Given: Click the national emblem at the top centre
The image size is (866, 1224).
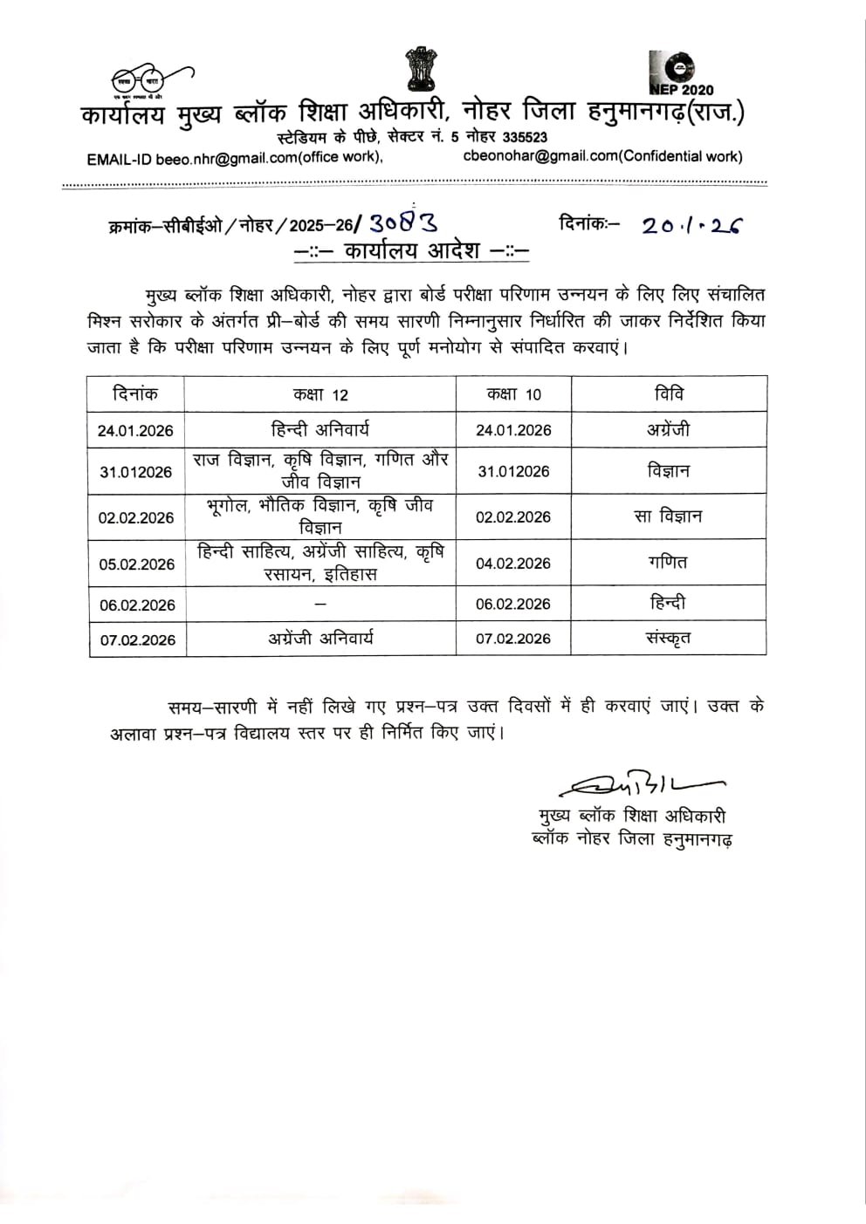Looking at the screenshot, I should point(420,69).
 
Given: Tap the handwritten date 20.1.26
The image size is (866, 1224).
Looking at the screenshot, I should point(691,226).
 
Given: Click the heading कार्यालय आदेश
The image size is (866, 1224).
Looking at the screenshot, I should point(412,250).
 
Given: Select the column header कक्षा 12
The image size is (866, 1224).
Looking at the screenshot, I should point(320,394).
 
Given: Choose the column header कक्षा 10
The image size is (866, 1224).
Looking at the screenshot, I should point(513,394).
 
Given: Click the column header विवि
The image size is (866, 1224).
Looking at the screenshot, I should point(669,394).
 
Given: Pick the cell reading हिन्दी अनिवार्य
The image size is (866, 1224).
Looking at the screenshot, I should point(320,429).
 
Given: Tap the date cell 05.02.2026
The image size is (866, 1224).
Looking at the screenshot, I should point(136,564).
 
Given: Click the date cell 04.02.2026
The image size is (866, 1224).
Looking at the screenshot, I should point(513,563).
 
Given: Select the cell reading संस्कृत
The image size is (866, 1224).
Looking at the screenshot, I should point(669,638).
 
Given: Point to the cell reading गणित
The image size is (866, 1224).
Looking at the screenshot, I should point(669,563).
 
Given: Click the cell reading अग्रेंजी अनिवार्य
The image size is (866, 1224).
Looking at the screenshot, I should point(320,639).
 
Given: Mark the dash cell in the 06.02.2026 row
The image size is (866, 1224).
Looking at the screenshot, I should point(320,604).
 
